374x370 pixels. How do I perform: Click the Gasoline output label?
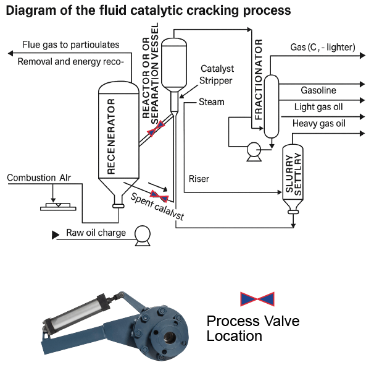tap(318, 91)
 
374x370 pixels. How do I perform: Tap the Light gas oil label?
tap(318, 107)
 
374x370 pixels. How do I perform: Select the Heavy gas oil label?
tap(318, 123)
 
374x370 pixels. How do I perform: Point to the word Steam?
tap(212, 101)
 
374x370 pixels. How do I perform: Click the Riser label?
tap(199, 179)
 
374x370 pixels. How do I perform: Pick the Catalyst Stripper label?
tap(217, 74)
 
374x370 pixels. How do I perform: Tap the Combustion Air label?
tap(39, 178)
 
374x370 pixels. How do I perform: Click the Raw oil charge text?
tap(96, 233)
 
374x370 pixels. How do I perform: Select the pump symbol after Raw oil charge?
tap(143, 234)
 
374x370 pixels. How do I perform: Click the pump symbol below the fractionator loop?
tap(253, 150)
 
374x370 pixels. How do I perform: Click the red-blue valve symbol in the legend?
tap(257, 299)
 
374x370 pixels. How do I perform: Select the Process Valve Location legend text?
tap(252, 329)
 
